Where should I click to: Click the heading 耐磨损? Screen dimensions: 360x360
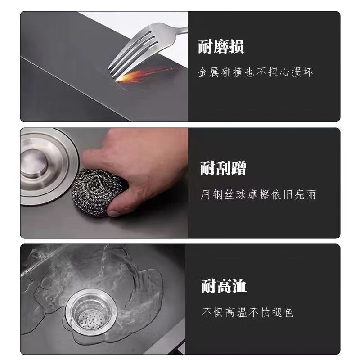tap(221, 47)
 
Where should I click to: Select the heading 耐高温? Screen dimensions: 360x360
tap(224, 286)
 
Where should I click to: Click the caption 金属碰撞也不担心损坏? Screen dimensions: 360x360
tap(256, 72)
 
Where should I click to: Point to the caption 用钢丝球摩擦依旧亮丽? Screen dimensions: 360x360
tap(258, 194)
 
